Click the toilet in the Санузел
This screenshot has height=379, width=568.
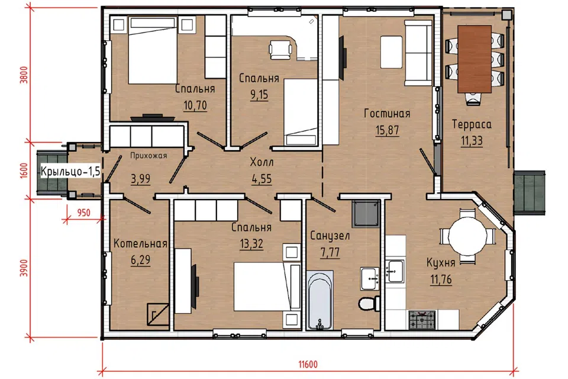[x=369, y=303]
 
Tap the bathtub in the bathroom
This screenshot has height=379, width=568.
[x=320, y=300]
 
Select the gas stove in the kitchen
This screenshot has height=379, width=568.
[x=422, y=320]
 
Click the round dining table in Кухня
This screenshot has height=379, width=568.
[x=467, y=236]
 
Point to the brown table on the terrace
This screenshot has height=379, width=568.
[x=475, y=59]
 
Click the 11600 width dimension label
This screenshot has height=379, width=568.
[x=308, y=364]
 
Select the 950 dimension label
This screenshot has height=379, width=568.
[x=83, y=212]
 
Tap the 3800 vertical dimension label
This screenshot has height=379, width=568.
[x=24, y=75]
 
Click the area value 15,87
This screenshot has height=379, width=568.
[x=387, y=130]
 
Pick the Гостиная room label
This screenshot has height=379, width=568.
[x=387, y=114]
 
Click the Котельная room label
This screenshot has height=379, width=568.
[x=141, y=243]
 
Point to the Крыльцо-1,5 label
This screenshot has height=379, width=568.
[x=70, y=171]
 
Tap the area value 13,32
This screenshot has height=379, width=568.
[x=251, y=243]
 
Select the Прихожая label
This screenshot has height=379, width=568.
[x=149, y=156]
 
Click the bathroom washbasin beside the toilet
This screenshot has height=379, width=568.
[x=370, y=278]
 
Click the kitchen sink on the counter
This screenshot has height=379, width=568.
[x=395, y=271]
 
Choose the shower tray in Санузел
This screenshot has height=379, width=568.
[x=366, y=214]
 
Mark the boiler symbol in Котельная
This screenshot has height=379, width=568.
[x=158, y=314]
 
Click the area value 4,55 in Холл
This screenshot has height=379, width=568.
[x=262, y=179]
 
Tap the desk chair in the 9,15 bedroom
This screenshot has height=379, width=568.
[x=280, y=50]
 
